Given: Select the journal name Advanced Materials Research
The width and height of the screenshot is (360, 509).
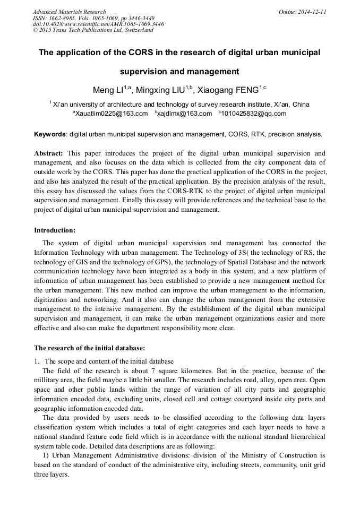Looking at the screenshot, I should pos(69,12).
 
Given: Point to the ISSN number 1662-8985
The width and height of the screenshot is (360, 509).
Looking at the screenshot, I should pos(62,18).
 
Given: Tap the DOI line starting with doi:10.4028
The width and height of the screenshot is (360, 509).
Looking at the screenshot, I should pos(98,24).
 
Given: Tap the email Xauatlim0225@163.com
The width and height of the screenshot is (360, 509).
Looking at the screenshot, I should pos(111,114).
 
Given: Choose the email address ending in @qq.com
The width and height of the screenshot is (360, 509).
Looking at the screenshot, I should pos(254,114).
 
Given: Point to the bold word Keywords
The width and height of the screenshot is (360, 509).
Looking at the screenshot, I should pos(50,134).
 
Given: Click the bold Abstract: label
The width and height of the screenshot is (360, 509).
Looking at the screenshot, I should pos(50,153).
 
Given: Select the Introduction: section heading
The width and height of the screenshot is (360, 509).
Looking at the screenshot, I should pos(55,230).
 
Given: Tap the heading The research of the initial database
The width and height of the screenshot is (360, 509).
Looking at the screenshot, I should pos(89,348).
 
